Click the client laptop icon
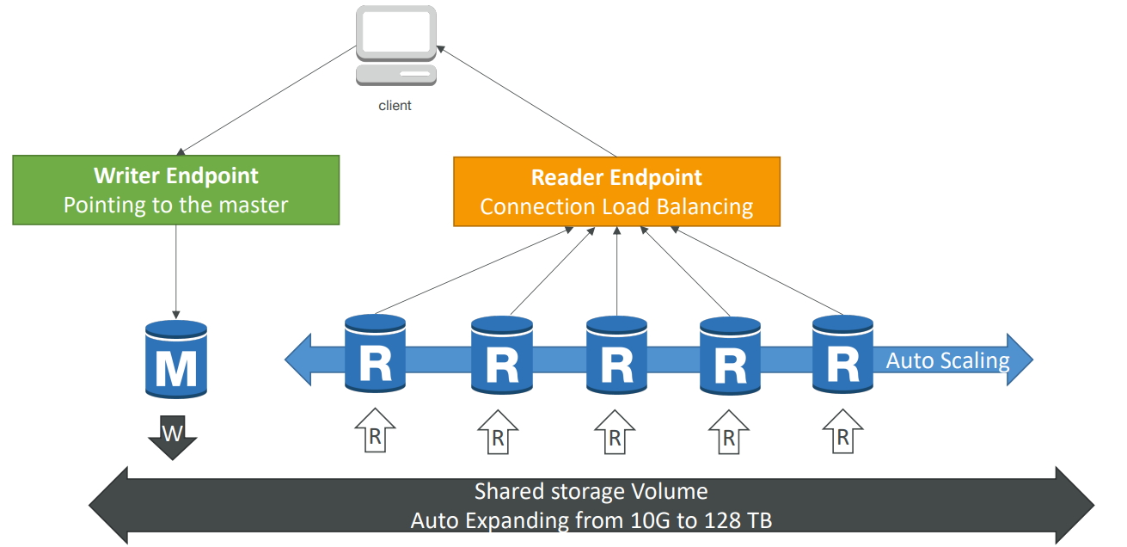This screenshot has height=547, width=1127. click(395, 46)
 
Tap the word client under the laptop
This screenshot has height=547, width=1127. click(395, 106)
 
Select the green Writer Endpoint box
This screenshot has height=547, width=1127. click(175, 190)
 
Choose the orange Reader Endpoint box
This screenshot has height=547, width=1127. click(616, 191)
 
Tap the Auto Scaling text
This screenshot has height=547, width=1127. click(947, 360)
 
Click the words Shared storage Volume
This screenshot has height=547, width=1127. click(591, 492)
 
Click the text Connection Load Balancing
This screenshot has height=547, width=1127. click(616, 206)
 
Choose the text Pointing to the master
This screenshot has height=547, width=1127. click(175, 205)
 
